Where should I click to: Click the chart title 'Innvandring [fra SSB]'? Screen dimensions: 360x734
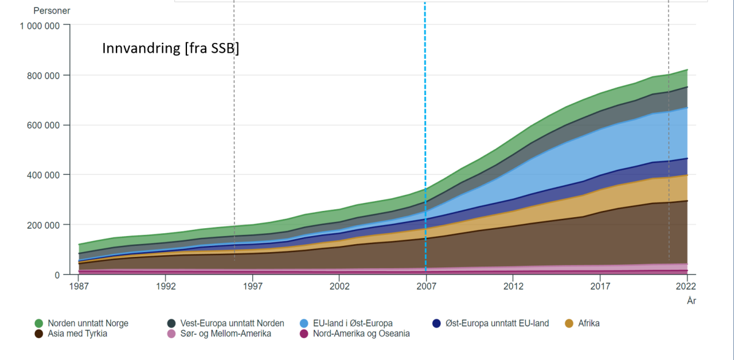170,49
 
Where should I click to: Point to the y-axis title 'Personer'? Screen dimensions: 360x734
52,11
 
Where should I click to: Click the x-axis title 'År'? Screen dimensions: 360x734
691,300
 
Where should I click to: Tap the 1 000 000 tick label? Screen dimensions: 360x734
40,25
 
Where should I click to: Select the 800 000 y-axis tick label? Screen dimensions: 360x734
44,75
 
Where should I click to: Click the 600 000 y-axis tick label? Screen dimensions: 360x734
44,125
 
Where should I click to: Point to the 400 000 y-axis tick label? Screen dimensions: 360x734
44,175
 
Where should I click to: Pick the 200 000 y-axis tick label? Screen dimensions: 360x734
44,225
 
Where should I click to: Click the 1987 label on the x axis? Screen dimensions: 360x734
79,285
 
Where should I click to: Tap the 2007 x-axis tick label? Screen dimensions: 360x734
425,285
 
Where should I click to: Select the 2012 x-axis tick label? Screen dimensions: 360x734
513,285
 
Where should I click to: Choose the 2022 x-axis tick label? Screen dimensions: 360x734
686,285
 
